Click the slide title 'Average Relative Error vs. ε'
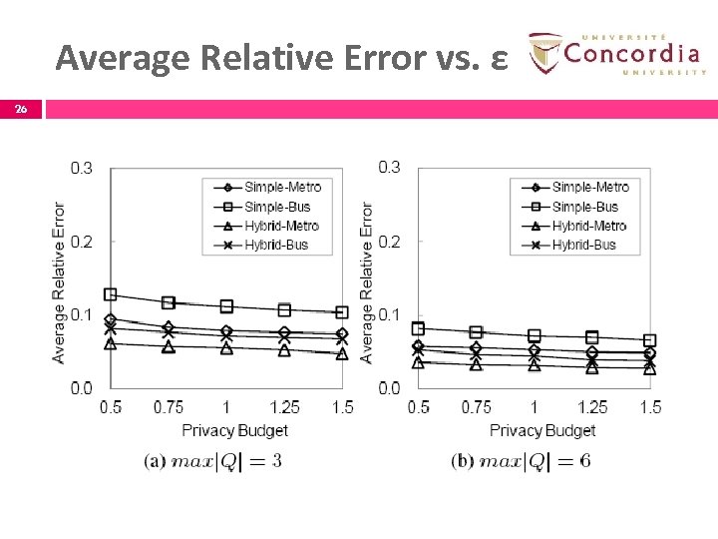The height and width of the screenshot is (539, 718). pyautogui.click(x=283, y=58)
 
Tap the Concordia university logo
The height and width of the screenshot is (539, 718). pyautogui.click(x=616, y=53)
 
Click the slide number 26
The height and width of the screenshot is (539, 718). pyautogui.click(x=20, y=110)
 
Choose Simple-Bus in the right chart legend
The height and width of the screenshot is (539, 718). pyautogui.click(x=584, y=207)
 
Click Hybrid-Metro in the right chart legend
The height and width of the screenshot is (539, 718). pyautogui.click(x=588, y=226)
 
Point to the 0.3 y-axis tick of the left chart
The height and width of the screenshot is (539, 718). pyautogui.click(x=82, y=168)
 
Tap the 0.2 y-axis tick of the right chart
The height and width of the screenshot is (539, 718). pyautogui.click(x=389, y=241)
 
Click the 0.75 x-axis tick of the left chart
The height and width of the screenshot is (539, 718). pyautogui.click(x=169, y=407)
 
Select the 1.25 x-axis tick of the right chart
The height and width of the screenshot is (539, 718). pyautogui.click(x=592, y=407)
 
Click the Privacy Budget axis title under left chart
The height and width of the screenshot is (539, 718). pyautogui.click(x=234, y=430)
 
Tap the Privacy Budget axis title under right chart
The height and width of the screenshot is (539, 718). pyautogui.click(x=542, y=430)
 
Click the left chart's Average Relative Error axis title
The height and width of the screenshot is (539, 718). pyautogui.click(x=59, y=282)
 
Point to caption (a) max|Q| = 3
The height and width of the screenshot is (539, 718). pyautogui.click(x=213, y=460)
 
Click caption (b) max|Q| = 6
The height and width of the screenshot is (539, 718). pyautogui.click(x=521, y=460)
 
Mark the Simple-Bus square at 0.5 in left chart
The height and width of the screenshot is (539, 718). pyautogui.click(x=111, y=294)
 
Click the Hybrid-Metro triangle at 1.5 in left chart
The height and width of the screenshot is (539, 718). pyautogui.click(x=342, y=353)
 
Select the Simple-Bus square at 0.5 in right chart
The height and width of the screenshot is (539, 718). pyautogui.click(x=419, y=327)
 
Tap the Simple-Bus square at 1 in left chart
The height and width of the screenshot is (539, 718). pyautogui.click(x=226, y=306)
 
